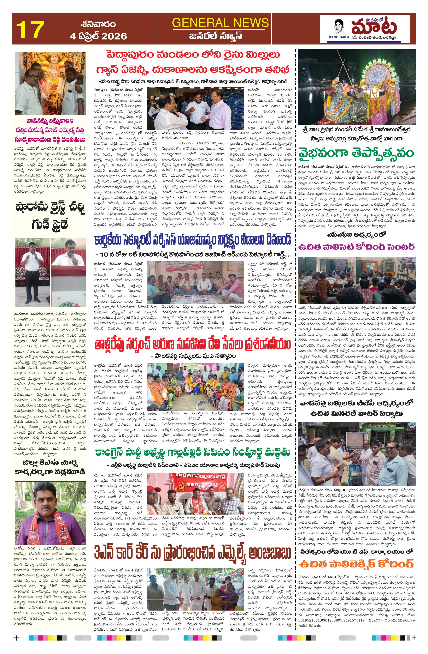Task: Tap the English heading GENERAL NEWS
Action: tap(220, 22)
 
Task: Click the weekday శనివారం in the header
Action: tap(98, 24)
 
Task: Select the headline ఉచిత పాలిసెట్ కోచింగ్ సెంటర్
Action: tap(357, 246)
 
